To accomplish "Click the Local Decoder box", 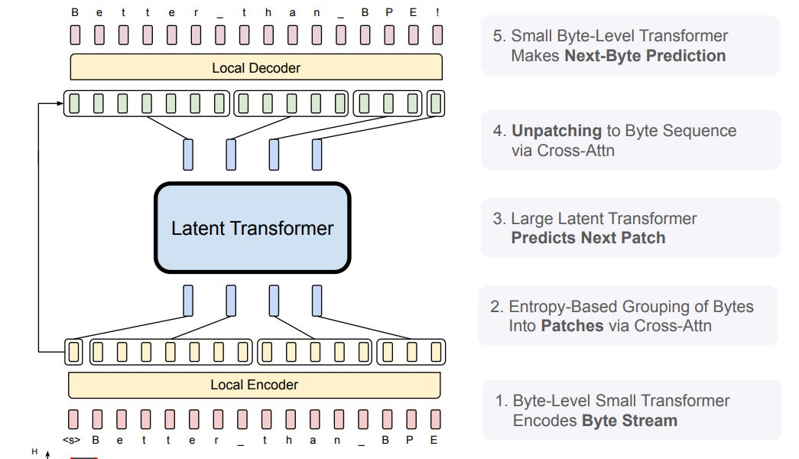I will click(255, 68).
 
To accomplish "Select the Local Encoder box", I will click(254, 385).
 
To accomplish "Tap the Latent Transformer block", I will click(252, 228).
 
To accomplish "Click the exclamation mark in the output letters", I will click(438, 12).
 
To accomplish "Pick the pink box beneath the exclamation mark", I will click(437, 35).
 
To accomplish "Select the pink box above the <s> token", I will click(73, 418).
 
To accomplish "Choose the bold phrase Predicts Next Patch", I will click(588, 238).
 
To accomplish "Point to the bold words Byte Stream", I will click(629, 421).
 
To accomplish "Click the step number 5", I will click(498, 36).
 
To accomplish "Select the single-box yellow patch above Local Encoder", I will click(73, 352).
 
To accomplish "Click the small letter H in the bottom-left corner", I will click(34, 452).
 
